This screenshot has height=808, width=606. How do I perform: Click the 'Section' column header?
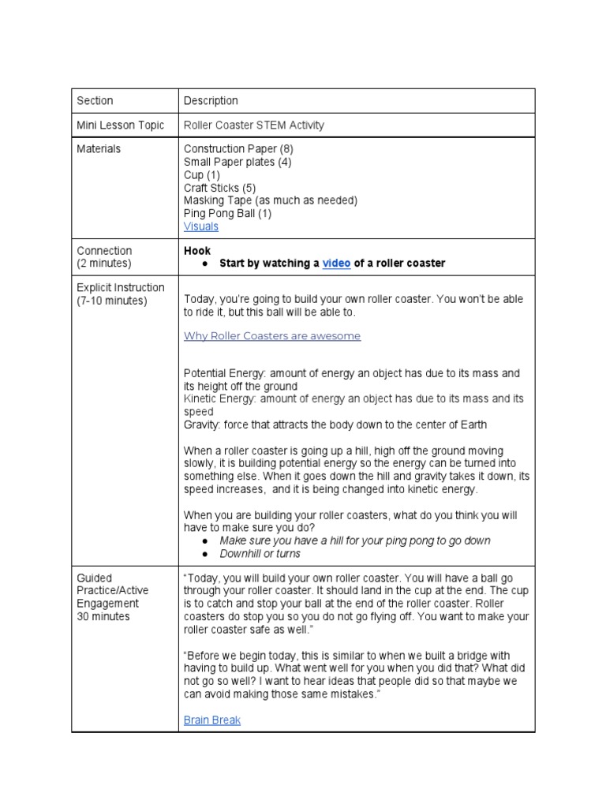[x=95, y=101]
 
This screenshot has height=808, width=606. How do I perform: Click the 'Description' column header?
[x=211, y=101]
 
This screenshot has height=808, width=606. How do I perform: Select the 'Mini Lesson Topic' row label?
[x=121, y=125]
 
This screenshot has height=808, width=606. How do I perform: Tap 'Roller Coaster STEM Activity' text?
[x=253, y=125]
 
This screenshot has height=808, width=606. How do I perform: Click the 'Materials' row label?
[x=99, y=149]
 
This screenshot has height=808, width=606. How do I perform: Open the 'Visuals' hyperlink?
[x=201, y=226]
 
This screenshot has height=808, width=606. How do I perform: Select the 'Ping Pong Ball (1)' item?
[x=227, y=214]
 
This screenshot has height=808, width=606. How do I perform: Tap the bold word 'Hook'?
[x=197, y=251]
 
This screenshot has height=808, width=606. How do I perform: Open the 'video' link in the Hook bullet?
[x=336, y=264]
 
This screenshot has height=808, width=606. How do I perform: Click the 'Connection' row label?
[x=104, y=251]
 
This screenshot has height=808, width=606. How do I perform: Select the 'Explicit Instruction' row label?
[x=121, y=288]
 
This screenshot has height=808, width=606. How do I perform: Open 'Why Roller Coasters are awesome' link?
[x=272, y=336]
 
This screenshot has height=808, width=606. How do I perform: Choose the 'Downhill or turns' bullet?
[x=260, y=554]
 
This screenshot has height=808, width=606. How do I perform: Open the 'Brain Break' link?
[x=212, y=720]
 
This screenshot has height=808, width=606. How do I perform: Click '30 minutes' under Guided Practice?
[x=103, y=616]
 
